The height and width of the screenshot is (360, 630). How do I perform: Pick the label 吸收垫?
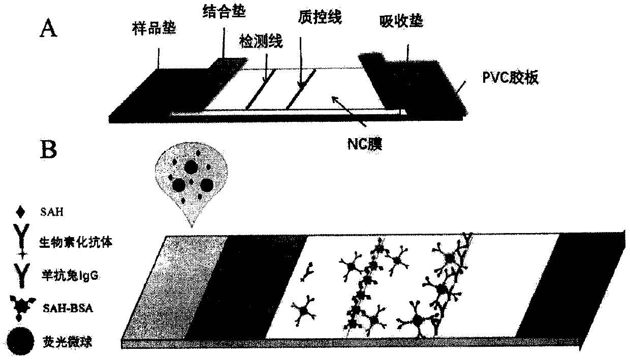click(x=401, y=22)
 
